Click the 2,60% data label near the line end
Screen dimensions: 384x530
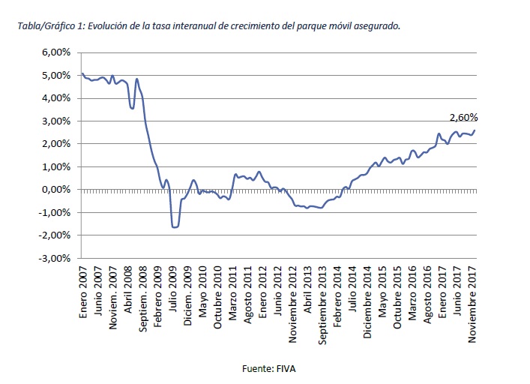pyautogui.click(x=463, y=118)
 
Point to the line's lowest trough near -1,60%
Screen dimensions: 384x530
pyautogui.click(x=175, y=226)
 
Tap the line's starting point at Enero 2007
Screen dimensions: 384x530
pyautogui.click(x=82, y=73)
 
